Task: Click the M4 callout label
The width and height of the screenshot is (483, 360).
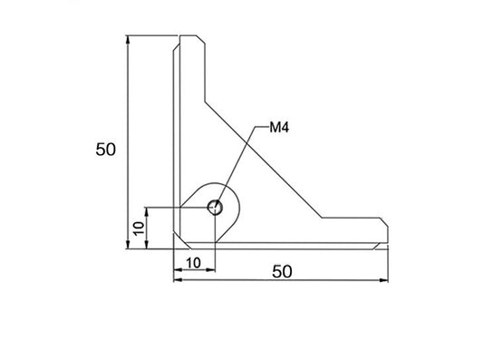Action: click(x=279, y=127)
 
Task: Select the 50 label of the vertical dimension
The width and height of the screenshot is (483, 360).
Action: click(x=106, y=150)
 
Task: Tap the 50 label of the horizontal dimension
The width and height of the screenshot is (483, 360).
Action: click(x=282, y=271)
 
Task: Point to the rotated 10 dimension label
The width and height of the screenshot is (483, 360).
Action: click(x=140, y=229)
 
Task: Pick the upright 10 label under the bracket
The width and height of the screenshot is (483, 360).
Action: click(x=193, y=263)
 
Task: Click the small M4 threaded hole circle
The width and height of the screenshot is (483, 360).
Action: click(x=215, y=207)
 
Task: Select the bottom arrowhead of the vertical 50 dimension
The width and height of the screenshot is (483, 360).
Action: click(x=128, y=244)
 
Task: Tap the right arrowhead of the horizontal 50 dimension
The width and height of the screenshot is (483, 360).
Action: click(x=384, y=280)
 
